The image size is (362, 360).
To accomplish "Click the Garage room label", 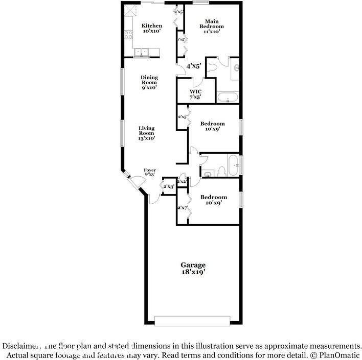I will click(193, 265).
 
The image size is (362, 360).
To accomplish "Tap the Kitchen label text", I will click(152, 26).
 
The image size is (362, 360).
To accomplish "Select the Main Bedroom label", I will click(211, 26).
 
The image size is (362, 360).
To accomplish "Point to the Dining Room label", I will click(149, 80).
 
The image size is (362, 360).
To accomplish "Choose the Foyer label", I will click(149, 170).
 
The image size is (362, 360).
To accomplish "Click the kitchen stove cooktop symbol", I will click(128, 35).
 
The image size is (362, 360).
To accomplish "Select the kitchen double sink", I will click(141, 51).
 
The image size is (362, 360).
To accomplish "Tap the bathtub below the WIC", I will click(228, 98).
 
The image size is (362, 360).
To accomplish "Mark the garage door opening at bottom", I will click(193, 321).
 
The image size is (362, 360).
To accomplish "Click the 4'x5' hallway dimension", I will click(193, 66).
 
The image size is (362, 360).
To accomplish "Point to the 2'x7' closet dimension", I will click(183, 208).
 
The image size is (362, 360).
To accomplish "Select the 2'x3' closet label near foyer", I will click(169, 186).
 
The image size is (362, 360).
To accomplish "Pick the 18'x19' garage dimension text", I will click(193, 272).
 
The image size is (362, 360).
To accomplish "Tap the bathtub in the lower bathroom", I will click(233, 165).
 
